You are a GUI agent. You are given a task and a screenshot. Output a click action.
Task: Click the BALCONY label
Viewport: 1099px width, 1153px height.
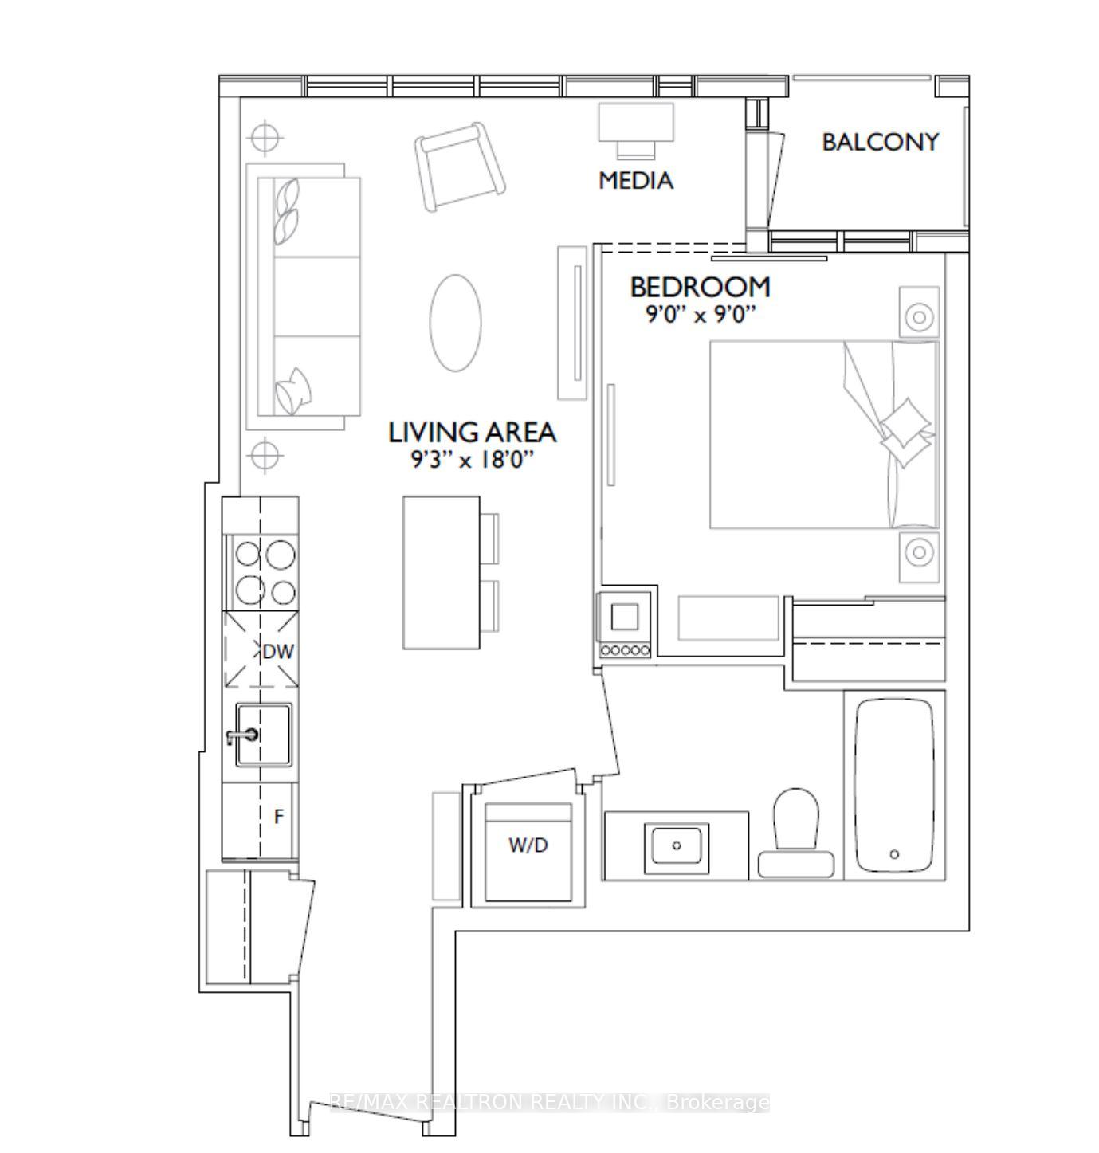click(880, 142)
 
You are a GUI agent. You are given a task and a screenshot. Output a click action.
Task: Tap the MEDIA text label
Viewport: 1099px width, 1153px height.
click(636, 181)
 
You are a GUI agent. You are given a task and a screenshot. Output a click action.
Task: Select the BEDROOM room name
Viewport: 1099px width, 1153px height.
click(700, 286)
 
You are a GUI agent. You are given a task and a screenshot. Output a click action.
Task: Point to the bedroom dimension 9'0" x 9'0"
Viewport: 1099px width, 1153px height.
click(700, 315)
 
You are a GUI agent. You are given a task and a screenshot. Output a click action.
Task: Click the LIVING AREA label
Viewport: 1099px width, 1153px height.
click(472, 433)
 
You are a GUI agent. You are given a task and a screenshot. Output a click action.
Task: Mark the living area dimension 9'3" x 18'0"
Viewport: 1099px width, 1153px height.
click(472, 460)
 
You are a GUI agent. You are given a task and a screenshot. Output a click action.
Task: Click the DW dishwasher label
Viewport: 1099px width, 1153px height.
click(278, 651)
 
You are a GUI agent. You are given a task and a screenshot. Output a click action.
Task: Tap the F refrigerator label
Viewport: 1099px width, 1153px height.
click(278, 817)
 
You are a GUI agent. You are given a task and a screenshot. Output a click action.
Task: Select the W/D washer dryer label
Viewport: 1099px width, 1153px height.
click(528, 845)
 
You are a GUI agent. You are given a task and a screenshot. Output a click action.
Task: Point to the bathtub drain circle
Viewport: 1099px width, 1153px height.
click(894, 854)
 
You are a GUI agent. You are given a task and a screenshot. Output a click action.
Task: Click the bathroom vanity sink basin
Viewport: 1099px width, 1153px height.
click(677, 845)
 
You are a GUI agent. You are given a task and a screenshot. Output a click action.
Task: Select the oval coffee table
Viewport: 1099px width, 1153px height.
click(455, 322)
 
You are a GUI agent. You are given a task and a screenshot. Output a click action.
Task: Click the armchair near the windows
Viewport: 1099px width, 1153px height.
click(460, 167)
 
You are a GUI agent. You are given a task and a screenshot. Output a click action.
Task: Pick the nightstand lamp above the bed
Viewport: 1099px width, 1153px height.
click(920, 316)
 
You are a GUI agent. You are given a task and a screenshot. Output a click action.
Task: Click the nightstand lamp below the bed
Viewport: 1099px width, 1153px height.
click(920, 551)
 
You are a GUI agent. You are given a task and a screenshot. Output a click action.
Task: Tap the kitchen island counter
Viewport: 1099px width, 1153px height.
click(442, 572)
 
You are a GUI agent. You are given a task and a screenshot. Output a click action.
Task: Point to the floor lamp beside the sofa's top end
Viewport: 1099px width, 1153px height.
click(265, 138)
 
